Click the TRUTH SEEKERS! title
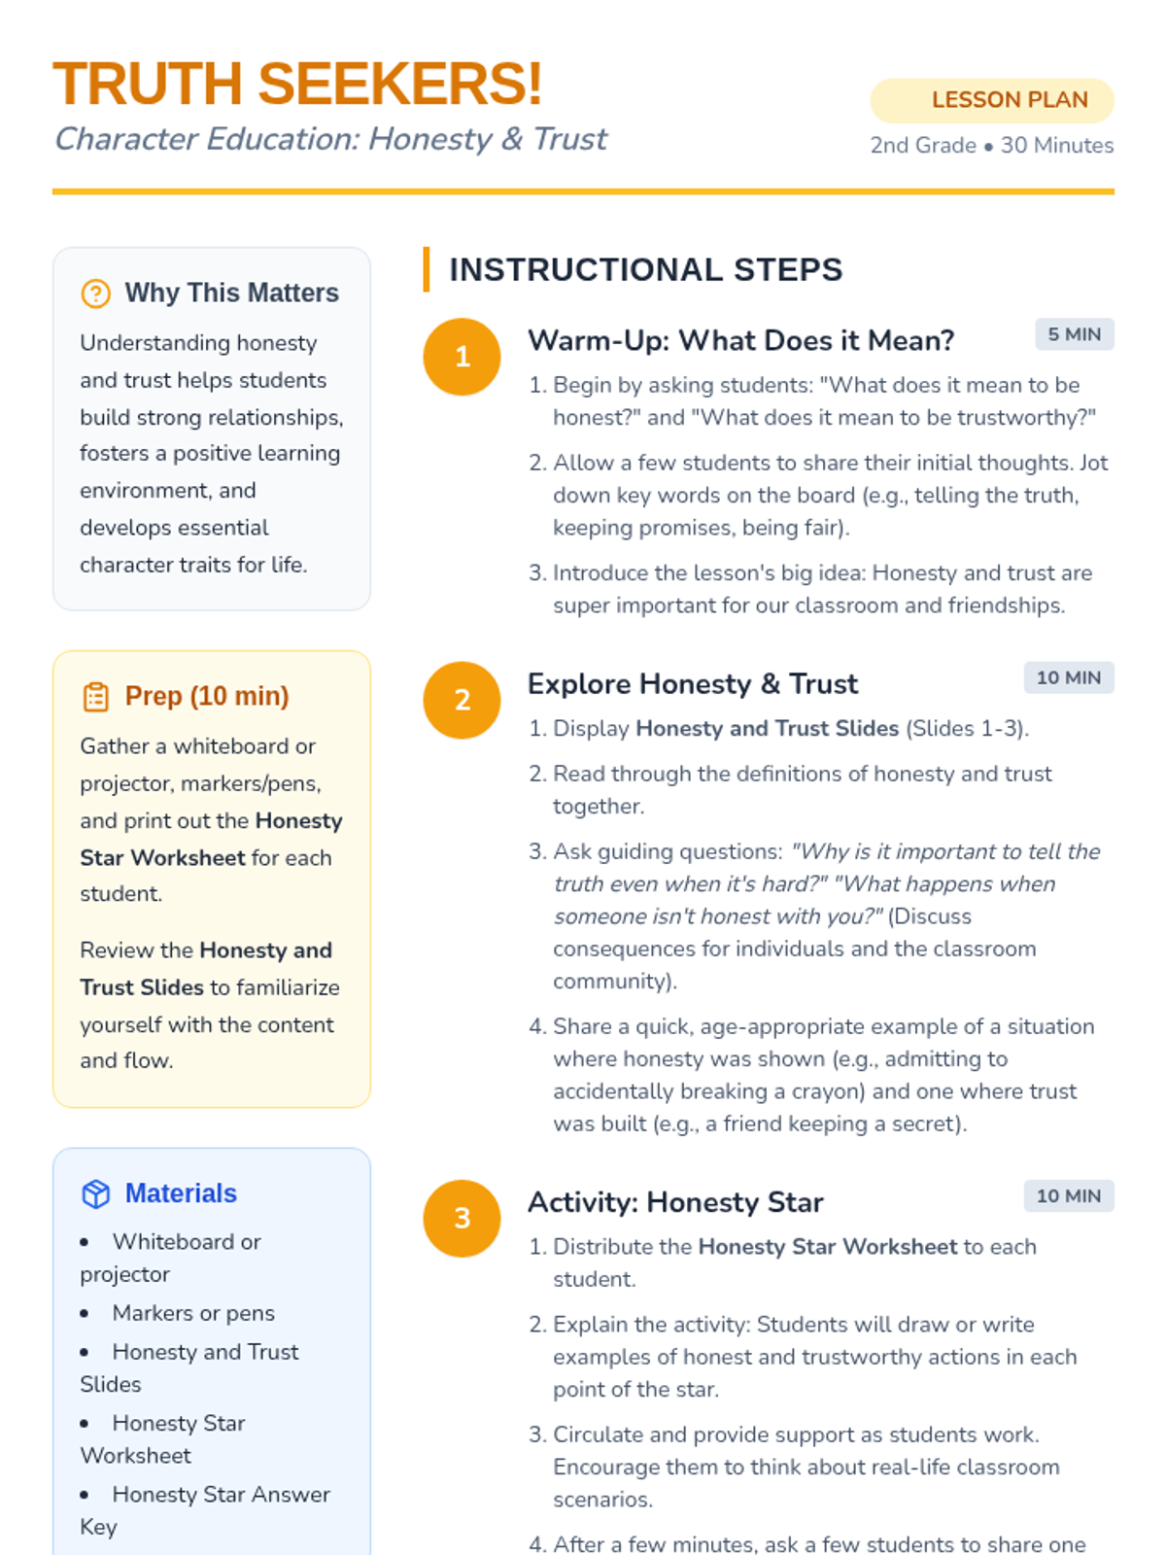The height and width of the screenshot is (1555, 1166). (x=297, y=85)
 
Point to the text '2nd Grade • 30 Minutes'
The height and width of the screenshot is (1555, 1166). (x=992, y=146)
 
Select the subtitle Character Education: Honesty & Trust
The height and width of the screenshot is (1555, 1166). (x=330, y=139)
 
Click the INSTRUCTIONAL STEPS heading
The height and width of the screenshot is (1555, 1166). (x=645, y=269)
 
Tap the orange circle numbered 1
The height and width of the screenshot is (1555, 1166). (x=463, y=357)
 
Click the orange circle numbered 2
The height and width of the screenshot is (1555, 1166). (x=463, y=700)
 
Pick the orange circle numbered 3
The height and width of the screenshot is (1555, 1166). (x=463, y=1218)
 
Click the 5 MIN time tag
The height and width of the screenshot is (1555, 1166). (x=1074, y=334)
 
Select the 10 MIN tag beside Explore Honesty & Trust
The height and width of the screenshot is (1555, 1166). (x=1068, y=677)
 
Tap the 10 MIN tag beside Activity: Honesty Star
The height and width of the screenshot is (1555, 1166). (x=1068, y=1195)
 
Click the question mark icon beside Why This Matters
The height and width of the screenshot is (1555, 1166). (x=95, y=294)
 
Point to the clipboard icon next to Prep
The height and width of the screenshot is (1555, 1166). (x=95, y=697)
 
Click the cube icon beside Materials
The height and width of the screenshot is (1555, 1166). (x=95, y=1193)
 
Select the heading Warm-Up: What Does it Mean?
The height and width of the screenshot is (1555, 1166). (x=740, y=340)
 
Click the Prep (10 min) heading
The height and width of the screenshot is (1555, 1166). (x=207, y=696)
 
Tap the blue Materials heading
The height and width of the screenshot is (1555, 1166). (x=181, y=1193)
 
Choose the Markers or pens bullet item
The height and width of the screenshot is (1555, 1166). (x=193, y=1313)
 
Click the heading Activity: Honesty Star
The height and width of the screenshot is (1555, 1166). (x=675, y=1202)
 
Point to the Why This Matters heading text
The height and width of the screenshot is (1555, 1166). (x=231, y=293)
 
